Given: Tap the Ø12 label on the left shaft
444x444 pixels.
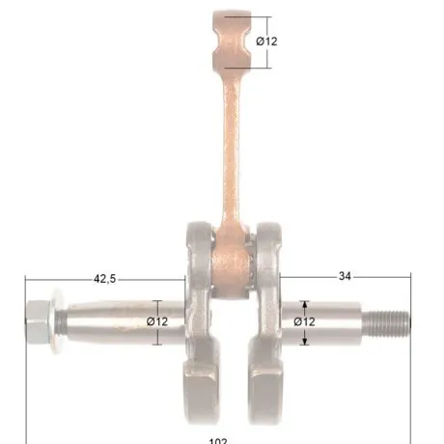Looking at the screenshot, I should click(x=157, y=321).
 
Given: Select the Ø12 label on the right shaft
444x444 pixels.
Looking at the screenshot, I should click(x=303, y=321).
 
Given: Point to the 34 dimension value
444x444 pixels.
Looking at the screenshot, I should click(x=345, y=277).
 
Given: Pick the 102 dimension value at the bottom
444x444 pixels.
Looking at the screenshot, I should click(x=218, y=440).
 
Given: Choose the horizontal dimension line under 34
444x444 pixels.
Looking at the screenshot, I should click(x=345, y=287).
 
